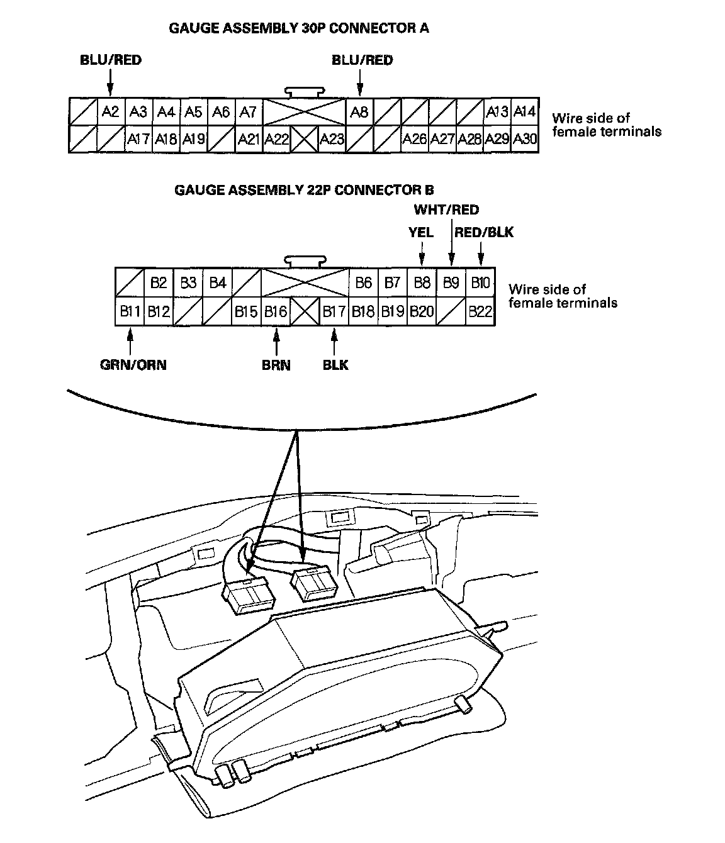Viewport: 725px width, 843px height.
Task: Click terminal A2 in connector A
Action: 110,112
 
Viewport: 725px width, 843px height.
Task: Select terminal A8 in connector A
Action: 359,112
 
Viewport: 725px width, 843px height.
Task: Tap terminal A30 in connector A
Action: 525,138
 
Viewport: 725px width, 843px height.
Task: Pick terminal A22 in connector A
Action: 276,138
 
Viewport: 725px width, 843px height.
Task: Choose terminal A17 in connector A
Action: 138,138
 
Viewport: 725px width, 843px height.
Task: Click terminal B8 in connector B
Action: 422,282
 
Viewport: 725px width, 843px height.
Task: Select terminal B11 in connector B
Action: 130,311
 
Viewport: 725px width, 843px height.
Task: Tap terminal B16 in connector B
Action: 276,311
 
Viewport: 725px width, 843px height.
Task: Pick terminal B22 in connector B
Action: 480,311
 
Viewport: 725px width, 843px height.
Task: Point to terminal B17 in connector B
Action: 334,311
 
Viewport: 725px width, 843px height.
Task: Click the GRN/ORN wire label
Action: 133,365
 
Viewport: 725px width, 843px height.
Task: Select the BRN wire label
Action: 276,365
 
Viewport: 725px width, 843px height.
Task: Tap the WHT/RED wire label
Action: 446,210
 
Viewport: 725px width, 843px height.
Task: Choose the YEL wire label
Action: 421,233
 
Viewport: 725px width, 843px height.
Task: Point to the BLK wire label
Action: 335,365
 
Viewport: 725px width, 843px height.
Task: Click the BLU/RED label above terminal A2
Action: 111,60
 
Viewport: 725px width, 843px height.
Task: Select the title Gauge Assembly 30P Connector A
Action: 299,28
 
